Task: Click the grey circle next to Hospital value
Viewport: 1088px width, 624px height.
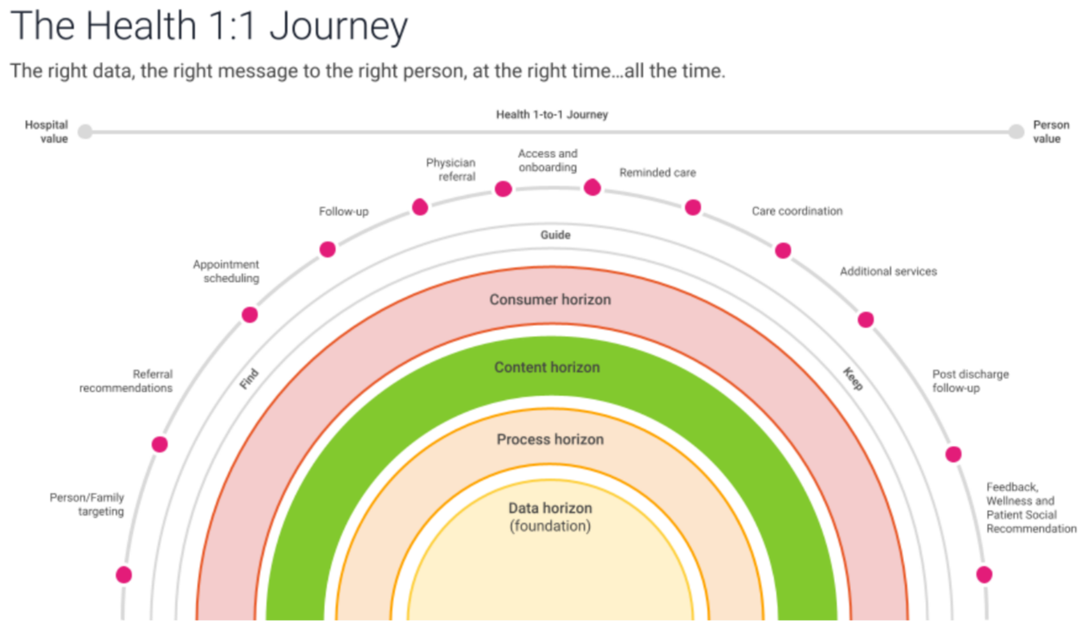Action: click(x=85, y=132)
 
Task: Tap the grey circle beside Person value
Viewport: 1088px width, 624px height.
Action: click(x=1017, y=132)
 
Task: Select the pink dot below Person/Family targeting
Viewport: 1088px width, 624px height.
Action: click(x=124, y=574)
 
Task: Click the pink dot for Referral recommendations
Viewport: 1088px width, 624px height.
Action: click(x=160, y=444)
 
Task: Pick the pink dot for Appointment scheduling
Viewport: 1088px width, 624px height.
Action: click(x=250, y=315)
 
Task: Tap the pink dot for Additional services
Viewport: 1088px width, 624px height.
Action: click(x=866, y=320)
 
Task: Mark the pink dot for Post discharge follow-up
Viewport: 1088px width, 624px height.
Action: click(x=953, y=455)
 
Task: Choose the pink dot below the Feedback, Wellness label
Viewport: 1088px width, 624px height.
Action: click(x=984, y=574)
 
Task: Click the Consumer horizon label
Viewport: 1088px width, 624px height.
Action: click(x=550, y=300)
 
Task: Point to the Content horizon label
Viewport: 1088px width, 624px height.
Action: click(x=547, y=367)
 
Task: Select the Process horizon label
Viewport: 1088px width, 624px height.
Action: click(x=550, y=439)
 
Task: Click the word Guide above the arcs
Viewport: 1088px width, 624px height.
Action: click(x=555, y=235)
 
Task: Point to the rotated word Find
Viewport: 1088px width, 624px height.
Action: click(x=249, y=379)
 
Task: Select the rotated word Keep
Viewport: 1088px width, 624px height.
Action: click(x=853, y=378)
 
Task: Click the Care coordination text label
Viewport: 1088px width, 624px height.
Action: click(x=797, y=211)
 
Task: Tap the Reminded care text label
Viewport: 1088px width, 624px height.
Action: click(x=657, y=173)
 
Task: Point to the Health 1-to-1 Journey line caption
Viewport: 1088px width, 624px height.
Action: click(x=552, y=115)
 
